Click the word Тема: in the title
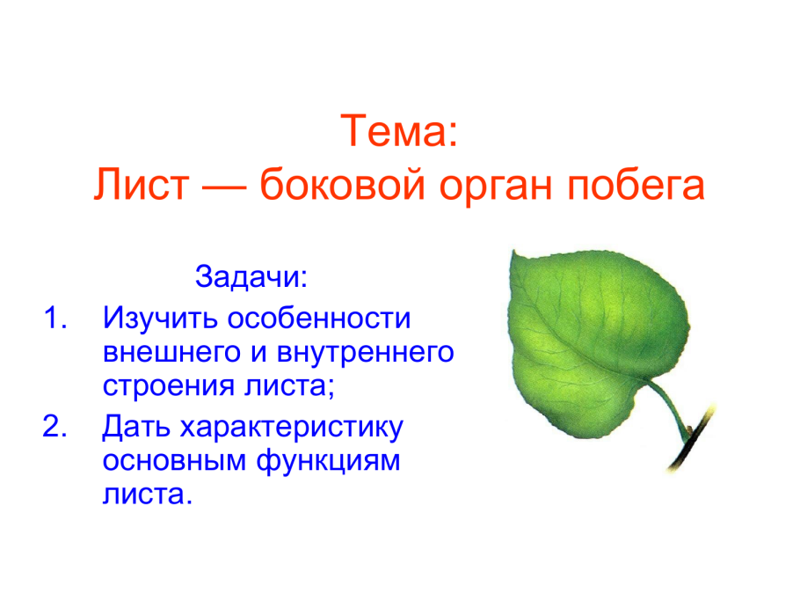tap(399, 130)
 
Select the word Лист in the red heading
tap(141, 184)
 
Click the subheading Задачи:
tap(251, 276)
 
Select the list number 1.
tap(55, 318)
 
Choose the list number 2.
tap(55, 426)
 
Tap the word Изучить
tap(161, 319)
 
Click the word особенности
tap(319, 319)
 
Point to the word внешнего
tap(171, 352)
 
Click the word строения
tap(169, 386)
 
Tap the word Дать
tap(136, 427)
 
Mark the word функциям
tap(328, 460)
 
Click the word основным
tap(175, 460)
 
